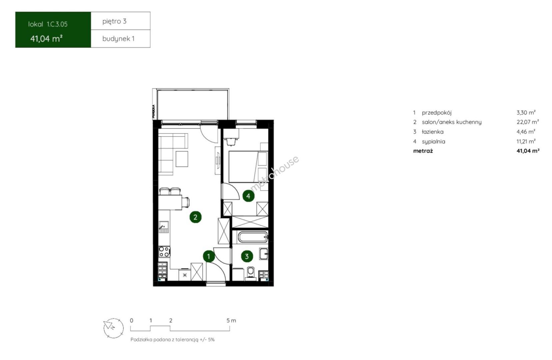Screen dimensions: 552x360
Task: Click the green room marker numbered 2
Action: (195, 217)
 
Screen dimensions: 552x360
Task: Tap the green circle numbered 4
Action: (248, 196)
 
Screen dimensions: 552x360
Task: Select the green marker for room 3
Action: (247, 257)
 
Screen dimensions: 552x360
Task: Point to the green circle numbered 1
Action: (209, 257)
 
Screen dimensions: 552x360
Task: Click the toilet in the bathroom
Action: (251, 274)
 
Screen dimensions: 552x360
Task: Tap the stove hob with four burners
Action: (164, 252)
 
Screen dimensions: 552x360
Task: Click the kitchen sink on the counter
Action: (164, 227)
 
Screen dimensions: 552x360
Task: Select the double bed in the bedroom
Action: (248, 167)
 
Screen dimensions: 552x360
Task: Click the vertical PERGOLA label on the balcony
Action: (154, 111)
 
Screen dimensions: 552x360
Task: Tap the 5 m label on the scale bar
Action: (231, 321)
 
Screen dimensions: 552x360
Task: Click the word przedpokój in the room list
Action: (436, 113)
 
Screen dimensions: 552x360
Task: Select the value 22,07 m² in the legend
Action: (528, 122)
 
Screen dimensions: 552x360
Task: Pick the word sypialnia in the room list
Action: (433, 142)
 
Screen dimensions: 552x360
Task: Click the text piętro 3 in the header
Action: (114, 21)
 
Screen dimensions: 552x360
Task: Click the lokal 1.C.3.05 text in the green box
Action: (48, 24)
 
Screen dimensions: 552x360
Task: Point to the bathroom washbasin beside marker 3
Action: (264, 254)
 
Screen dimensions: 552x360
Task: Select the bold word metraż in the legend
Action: (423, 151)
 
